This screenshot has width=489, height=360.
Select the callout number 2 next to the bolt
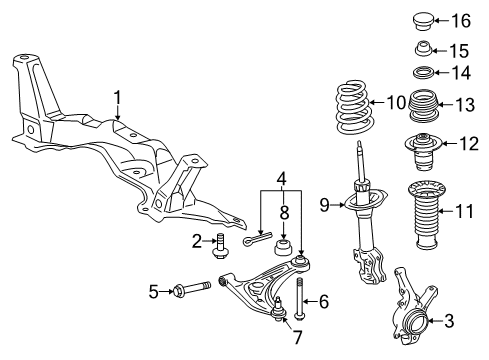198,240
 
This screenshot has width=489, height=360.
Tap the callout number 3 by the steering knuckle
448,321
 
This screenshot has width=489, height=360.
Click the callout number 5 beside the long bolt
155,291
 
